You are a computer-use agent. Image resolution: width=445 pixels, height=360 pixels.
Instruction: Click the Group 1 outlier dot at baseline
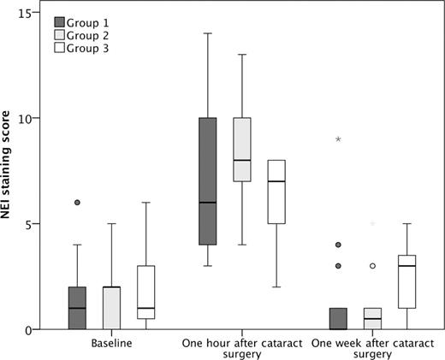(x=77, y=203)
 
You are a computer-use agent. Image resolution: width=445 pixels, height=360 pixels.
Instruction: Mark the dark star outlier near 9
(x=339, y=139)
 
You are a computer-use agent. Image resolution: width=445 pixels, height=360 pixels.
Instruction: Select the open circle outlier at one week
(x=372, y=266)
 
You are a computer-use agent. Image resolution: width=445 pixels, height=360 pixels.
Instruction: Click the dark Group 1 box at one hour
(x=206, y=181)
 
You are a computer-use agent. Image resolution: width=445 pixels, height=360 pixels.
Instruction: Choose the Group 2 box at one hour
(x=241, y=149)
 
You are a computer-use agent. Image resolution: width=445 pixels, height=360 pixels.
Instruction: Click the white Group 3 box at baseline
(x=145, y=292)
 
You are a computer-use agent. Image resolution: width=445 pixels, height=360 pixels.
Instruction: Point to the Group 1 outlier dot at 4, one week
(x=339, y=245)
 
